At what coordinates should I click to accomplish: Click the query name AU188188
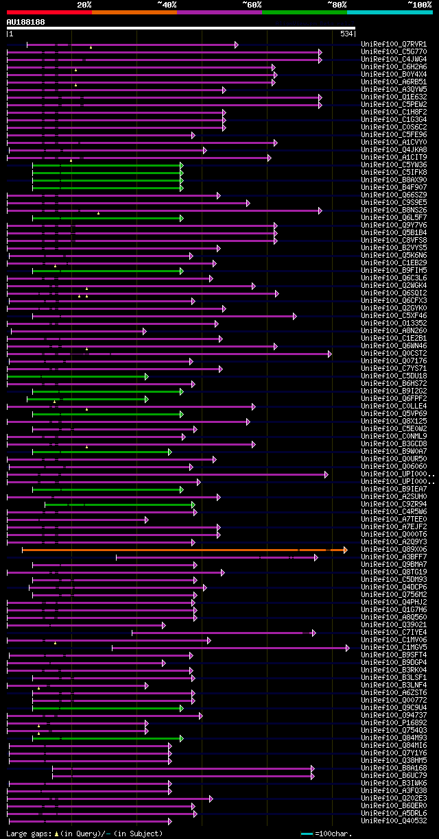25,22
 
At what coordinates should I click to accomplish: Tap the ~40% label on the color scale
167,4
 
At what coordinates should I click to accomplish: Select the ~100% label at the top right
419,4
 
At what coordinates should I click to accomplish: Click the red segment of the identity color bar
49,12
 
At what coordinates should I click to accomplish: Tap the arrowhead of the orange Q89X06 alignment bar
345,550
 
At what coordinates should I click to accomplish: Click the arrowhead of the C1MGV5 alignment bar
347,647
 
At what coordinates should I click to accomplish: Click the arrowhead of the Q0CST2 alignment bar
329,354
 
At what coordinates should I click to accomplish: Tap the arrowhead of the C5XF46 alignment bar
295,316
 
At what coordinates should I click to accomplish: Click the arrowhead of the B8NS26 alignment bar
320,210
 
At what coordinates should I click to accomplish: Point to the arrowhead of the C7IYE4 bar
313,633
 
